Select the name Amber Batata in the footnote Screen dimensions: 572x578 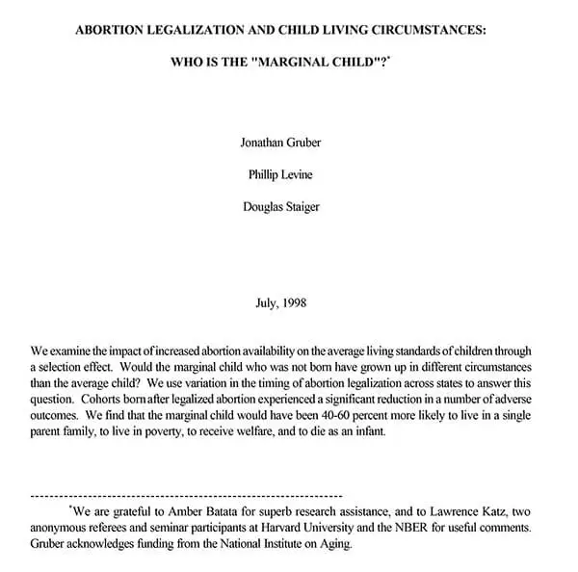[x=201, y=511]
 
